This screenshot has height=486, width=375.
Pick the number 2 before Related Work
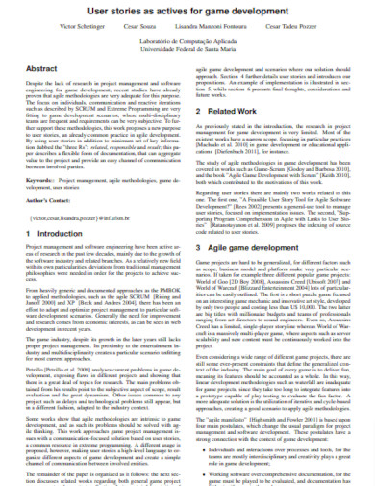coord(200,111)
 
